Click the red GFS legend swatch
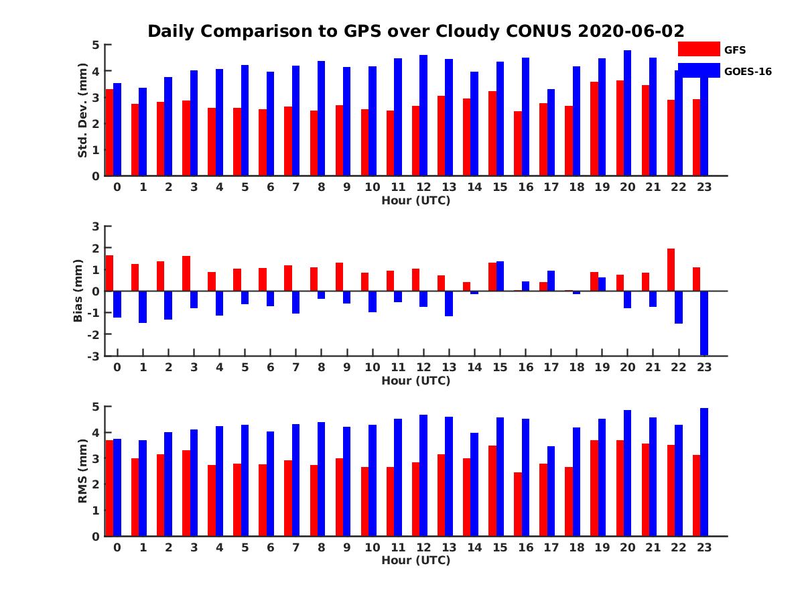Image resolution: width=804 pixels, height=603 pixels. pyautogui.click(x=699, y=49)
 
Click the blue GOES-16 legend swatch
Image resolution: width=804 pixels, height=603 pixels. pyautogui.click(x=699, y=70)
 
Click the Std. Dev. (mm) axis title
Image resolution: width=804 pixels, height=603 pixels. pyautogui.click(x=82, y=111)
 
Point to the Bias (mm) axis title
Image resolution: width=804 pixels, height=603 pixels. pyautogui.click(x=78, y=291)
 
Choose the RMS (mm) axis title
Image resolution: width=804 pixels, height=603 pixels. pyautogui.click(x=82, y=471)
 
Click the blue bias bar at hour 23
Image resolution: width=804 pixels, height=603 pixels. pyautogui.click(x=704, y=323)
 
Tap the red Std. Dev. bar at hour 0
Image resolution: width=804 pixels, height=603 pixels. pyautogui.click(x=110, y=133)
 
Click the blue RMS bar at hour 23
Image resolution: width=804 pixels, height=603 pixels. pyautogui.click(x=704, y=472)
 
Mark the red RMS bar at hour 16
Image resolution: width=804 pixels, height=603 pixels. pyautogui.click(x=518, y=504)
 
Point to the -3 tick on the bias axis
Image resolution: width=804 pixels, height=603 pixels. pyautogui.click(x=94, y=356)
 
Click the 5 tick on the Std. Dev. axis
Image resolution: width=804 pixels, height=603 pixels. pyautogui.click(x=96, y=45)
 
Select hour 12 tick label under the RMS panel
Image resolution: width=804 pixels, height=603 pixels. pyautogui.click(x=423, y=547)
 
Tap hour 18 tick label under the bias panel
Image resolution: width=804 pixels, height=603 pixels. pyautogui.click(x=576, y=367)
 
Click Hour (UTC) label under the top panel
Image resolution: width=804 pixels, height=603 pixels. pyautogui.click(x=415, y=200)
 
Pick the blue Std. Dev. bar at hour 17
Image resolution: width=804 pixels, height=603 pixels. pyautogui.click(x=551, y=133)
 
